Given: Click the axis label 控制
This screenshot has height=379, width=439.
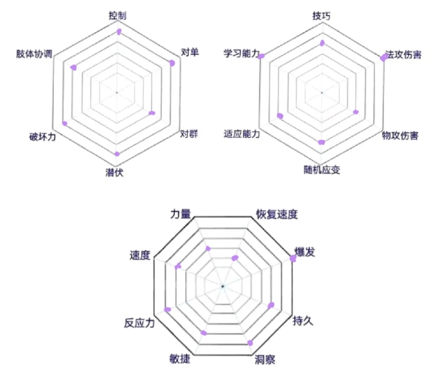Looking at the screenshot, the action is pyautogui.click(x=117, y=16).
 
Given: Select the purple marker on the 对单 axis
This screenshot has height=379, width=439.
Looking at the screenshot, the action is pyautogui.click(x=172, y=63).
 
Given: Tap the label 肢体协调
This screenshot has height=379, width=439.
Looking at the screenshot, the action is pyautogui.click(x=34, y=54).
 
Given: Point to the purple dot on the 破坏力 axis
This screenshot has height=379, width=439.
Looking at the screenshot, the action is pyautogui.click(x=64, y=124).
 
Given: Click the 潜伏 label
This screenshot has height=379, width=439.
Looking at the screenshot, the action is pyautogui.click(x=115, y=172).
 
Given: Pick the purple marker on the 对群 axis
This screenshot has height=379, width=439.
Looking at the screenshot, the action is pyautogui.click(x=152, y=113).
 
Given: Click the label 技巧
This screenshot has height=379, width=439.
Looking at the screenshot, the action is pyautogui.click(x=322, y=16).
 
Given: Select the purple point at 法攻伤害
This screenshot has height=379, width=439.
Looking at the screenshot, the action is pyautogui.click(x=384, y=57).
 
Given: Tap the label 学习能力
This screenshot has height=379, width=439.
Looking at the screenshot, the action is pyautogui.click(x=241, y=54).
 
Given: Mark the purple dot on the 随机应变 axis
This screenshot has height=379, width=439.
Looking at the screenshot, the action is pyautogui.click(x=322, y=142).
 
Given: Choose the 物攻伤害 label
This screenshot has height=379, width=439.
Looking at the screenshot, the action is pyautogui.click(x=400, y=136).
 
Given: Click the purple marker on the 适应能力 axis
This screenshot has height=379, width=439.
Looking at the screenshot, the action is pyautogui.click(x=280, y=116).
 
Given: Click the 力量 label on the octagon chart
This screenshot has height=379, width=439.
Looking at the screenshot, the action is pyautogui.click(x=180, y=214).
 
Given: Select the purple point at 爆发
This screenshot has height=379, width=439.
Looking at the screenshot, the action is pyautogui.click(x=293, y=258).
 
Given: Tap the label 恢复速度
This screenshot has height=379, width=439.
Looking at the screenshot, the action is pyautogui.click(x=276, y=214).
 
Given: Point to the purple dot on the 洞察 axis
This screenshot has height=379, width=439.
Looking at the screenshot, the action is pyautogui.click(x=250, y=343).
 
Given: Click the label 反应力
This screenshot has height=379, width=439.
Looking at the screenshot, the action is pyautogui.click(x=139, y=323).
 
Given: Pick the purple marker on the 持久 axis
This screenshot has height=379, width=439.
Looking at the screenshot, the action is pyautogui.click(x=271, y=306).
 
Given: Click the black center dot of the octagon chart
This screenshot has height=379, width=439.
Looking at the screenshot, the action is pyautogui.click(x=222, y=286).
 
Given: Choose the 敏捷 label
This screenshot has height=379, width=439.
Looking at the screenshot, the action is pyautogui.click(x=180, y=358).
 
